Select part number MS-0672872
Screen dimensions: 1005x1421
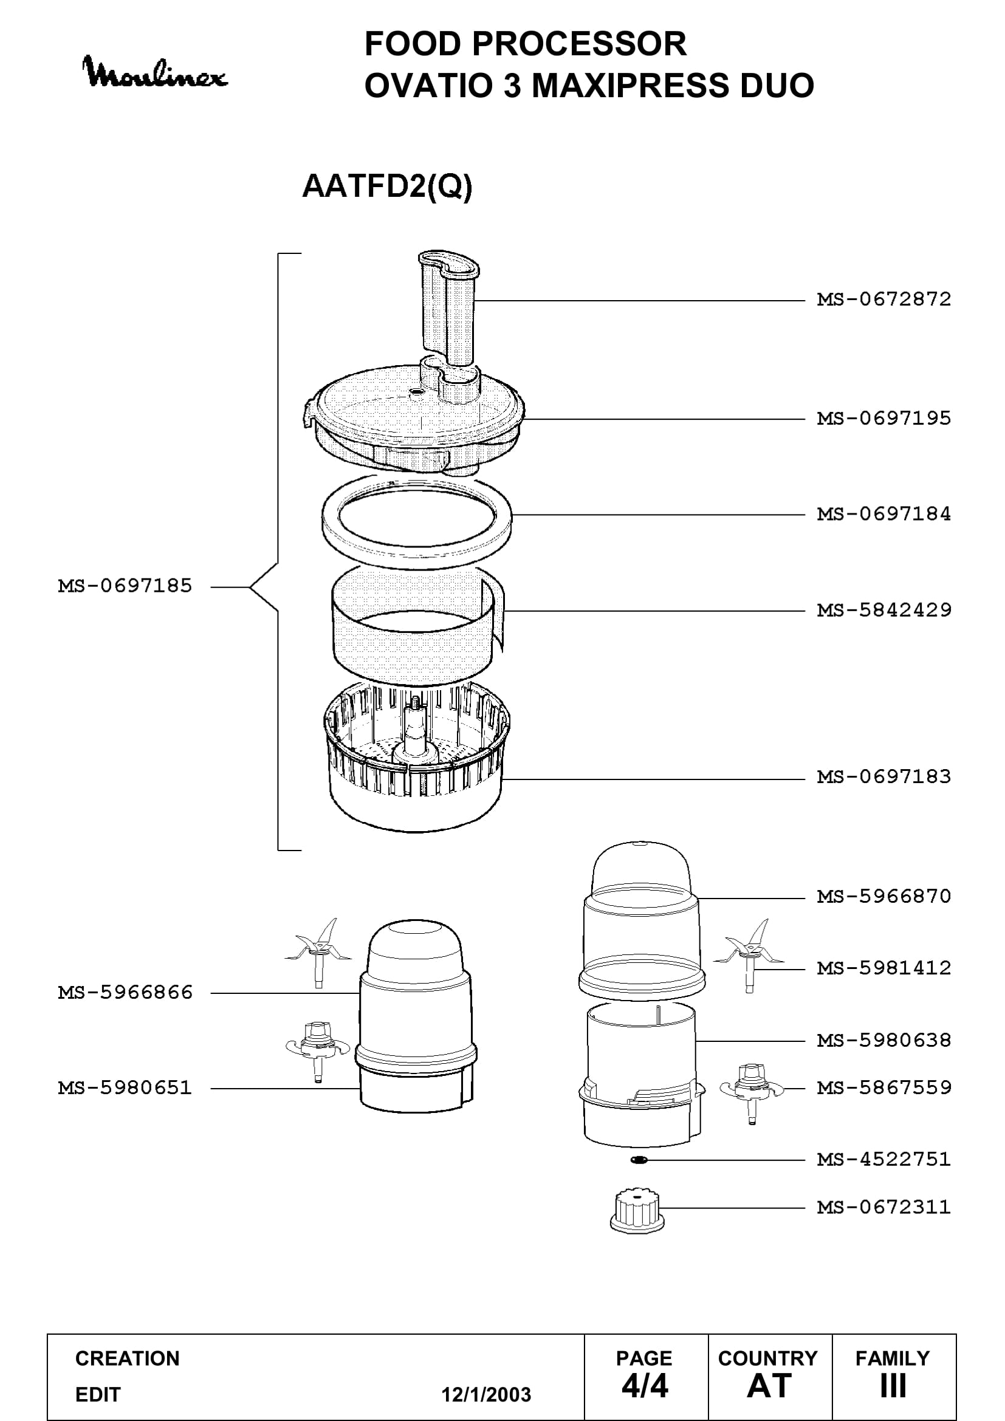point(883,300)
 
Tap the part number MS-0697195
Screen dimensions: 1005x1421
point(883,419)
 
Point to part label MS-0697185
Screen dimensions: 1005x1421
point(125,586)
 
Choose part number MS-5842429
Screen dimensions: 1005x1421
point(883,611)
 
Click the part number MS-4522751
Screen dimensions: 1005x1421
point(883,1159)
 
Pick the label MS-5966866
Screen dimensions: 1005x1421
point(125,993)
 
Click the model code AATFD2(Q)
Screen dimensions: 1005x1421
point(388,186)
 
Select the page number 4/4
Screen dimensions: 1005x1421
point(645,1385)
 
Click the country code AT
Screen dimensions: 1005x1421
point(769,1385)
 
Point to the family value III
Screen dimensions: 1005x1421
point(893,1385)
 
